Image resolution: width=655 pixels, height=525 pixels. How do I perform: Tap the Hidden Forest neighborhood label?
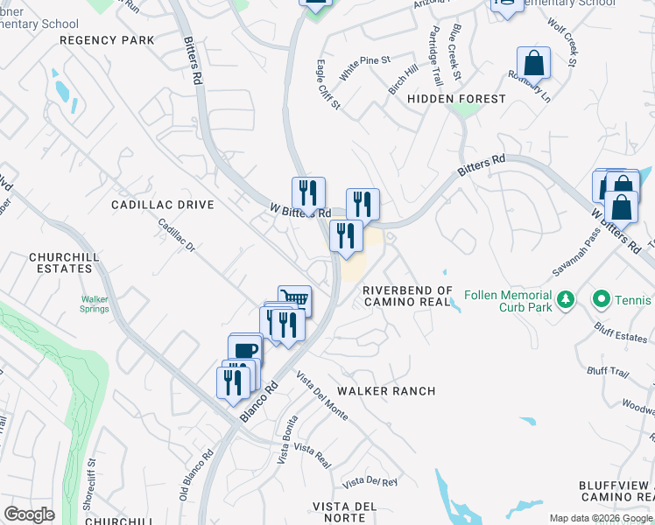456,99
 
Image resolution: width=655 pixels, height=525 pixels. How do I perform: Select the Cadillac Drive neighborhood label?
162,204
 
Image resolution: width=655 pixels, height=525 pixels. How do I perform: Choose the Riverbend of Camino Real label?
407,296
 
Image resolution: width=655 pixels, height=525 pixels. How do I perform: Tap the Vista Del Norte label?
344,512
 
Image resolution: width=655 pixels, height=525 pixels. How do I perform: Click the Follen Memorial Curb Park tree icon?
566,300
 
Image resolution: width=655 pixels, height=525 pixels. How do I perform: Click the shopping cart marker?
295,300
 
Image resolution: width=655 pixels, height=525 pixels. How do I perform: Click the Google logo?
29,514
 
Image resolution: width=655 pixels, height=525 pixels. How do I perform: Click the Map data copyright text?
601,518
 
